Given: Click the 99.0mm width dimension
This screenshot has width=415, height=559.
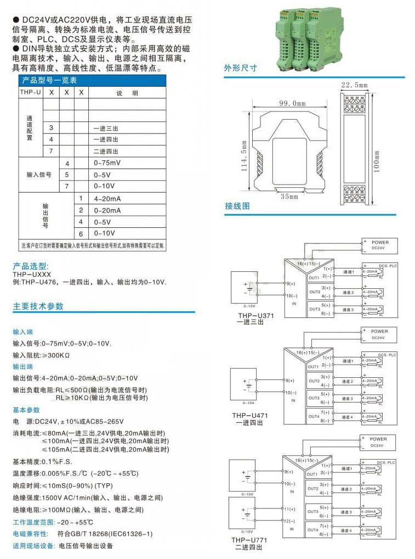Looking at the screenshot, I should click(292, 103).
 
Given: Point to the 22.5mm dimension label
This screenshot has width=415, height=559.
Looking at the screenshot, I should click(354, 85).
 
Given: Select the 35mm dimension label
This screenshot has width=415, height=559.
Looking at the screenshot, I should click(289, 196).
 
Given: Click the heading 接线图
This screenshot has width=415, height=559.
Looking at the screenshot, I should click(237, 206).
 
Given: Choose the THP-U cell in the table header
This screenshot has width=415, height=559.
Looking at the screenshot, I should click(31, 93).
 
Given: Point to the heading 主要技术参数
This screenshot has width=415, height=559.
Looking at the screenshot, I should click(38, 306).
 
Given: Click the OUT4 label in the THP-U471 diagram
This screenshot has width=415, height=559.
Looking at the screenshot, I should click(313, 417).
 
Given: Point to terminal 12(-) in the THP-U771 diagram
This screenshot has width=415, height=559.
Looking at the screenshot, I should click(289, 521).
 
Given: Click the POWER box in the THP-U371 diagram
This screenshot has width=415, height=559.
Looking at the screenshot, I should click(379, 245).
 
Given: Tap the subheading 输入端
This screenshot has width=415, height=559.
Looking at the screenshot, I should click(23, 332).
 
